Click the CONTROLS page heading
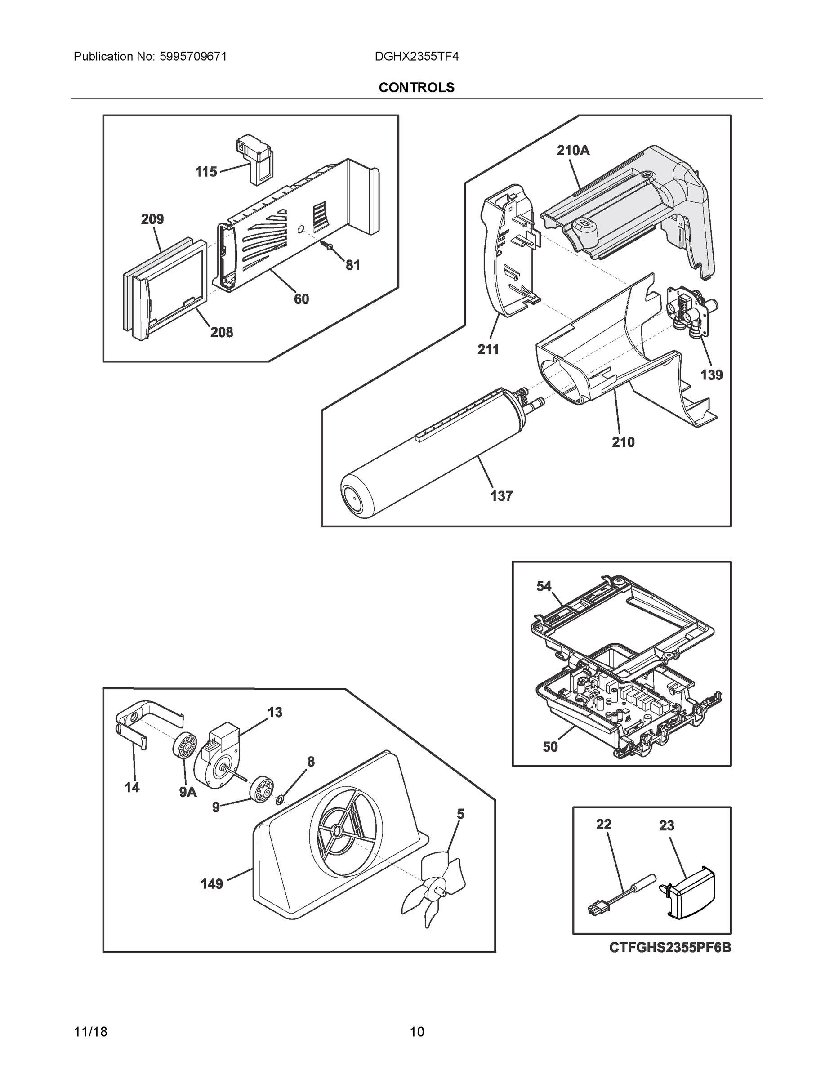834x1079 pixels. coord(416,88)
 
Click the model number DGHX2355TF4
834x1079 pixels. coord(416,57)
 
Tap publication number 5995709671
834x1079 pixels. coord(193,57)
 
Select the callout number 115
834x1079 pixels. coord(206,172)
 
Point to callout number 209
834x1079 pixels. coord(152,219)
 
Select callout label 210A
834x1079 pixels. coord(573,150)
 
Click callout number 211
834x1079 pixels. coord(488,349)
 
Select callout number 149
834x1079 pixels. coord(211,884)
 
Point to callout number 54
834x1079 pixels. coord(544,586)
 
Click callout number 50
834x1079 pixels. coord(550,747)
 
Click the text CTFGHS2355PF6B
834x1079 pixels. coord(669,948)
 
